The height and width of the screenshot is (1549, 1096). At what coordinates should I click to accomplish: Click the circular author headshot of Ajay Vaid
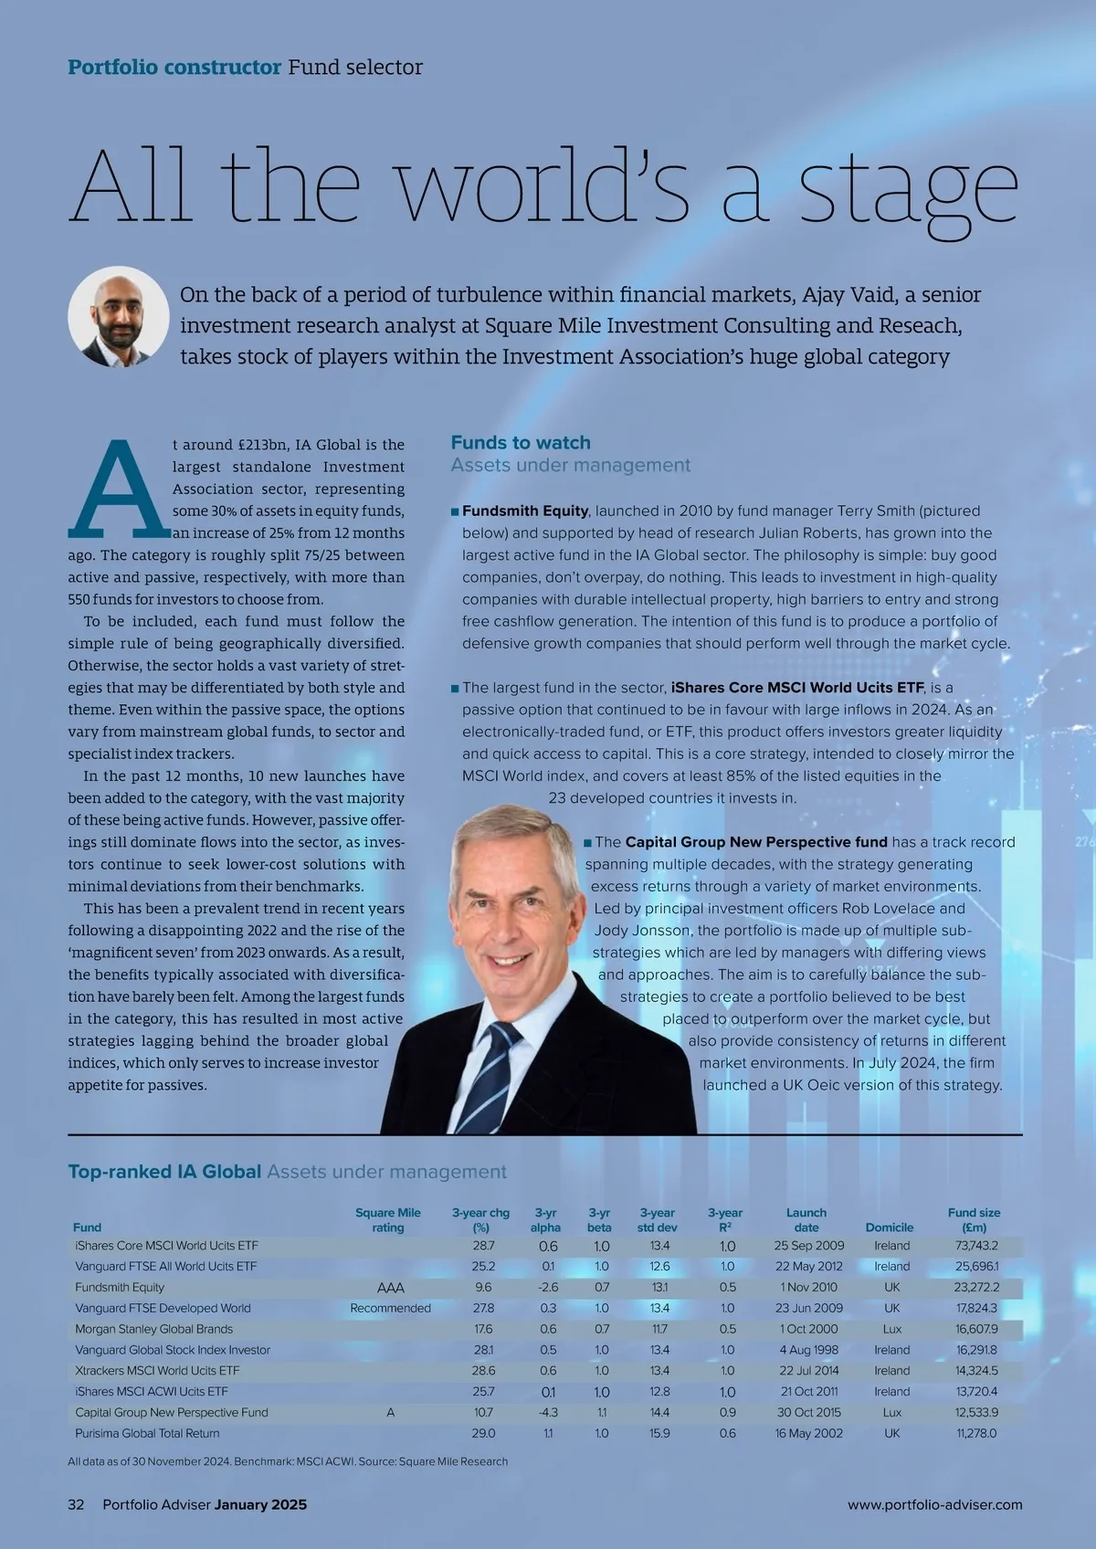[119, 317]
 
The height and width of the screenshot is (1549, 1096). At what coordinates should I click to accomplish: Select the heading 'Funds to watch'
[521, 443]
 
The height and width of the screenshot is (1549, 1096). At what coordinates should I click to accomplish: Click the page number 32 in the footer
[76, 1504]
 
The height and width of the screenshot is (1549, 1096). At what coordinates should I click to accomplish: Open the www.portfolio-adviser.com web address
[934, 1504]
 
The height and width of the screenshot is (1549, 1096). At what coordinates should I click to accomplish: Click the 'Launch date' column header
[806, 1220]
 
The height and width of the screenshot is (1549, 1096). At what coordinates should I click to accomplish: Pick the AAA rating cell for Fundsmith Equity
[390, 1288]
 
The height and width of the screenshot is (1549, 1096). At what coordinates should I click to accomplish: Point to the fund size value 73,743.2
[976, 1246]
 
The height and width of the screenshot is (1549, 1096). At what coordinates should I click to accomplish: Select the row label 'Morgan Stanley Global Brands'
[153, 1329]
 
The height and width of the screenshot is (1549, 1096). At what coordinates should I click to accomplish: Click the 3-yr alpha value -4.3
[548, 1412]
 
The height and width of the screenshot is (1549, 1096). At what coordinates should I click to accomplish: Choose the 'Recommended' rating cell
[390, 1308]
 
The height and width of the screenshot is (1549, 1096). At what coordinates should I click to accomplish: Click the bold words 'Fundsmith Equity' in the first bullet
[525, 511]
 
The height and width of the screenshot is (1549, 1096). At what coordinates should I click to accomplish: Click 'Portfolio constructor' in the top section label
[174, 68]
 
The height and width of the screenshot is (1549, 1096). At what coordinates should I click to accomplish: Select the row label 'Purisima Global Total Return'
[147, 1433]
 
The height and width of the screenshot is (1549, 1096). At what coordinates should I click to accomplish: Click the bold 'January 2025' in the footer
[260, 1504]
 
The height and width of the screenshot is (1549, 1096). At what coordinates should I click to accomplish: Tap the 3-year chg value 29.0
[484, 1433]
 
